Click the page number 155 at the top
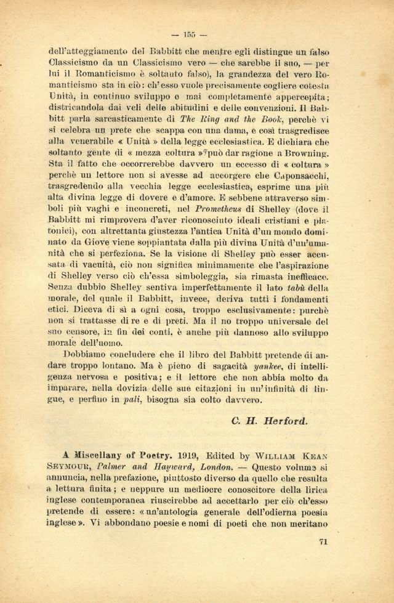click(197, 34)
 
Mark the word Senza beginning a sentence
click(62, 287)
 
